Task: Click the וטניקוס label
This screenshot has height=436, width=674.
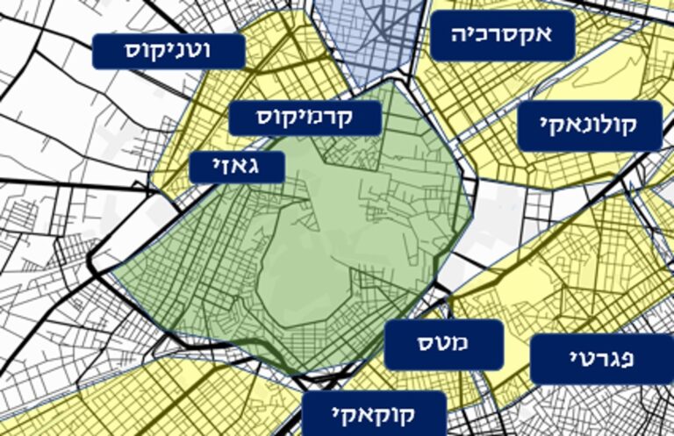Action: coord(168,52)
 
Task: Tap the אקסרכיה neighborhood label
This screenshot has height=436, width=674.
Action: coord(503,35)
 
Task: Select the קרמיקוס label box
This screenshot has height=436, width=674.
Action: coord(305,118)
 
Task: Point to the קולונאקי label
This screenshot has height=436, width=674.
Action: coord(590,127)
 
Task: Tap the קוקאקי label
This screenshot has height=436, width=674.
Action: coord(375,413)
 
